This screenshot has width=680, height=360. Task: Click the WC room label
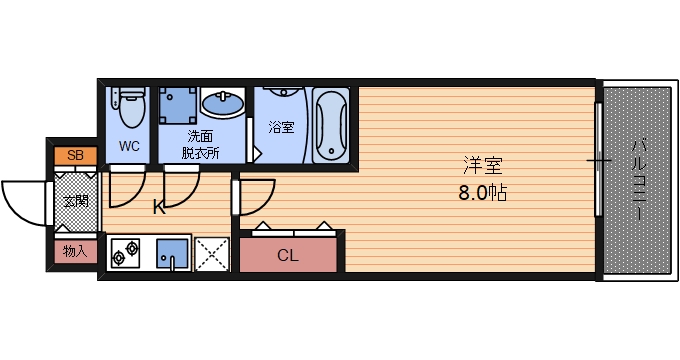click(x=129, y=146)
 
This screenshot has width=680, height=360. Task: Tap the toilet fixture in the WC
click(x=130, y=106)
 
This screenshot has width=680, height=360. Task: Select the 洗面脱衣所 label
click(x=200, y=144)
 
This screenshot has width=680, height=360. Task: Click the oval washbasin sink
click(x=222, y=103)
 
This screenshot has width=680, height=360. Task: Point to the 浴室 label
click(x=281, y=127)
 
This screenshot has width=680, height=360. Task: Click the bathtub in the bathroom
click(x=329, y=125)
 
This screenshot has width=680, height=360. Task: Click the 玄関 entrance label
click(x=76, y=201)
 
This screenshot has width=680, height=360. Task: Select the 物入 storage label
click(x=75, y=250)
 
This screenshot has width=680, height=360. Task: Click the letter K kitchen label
click(x=158, y=208)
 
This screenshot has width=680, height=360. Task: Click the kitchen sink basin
click(x=174, y=254)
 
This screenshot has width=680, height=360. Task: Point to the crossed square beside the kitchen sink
click(x=211, y=254)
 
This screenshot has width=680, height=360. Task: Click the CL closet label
click(x=288, y=255)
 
